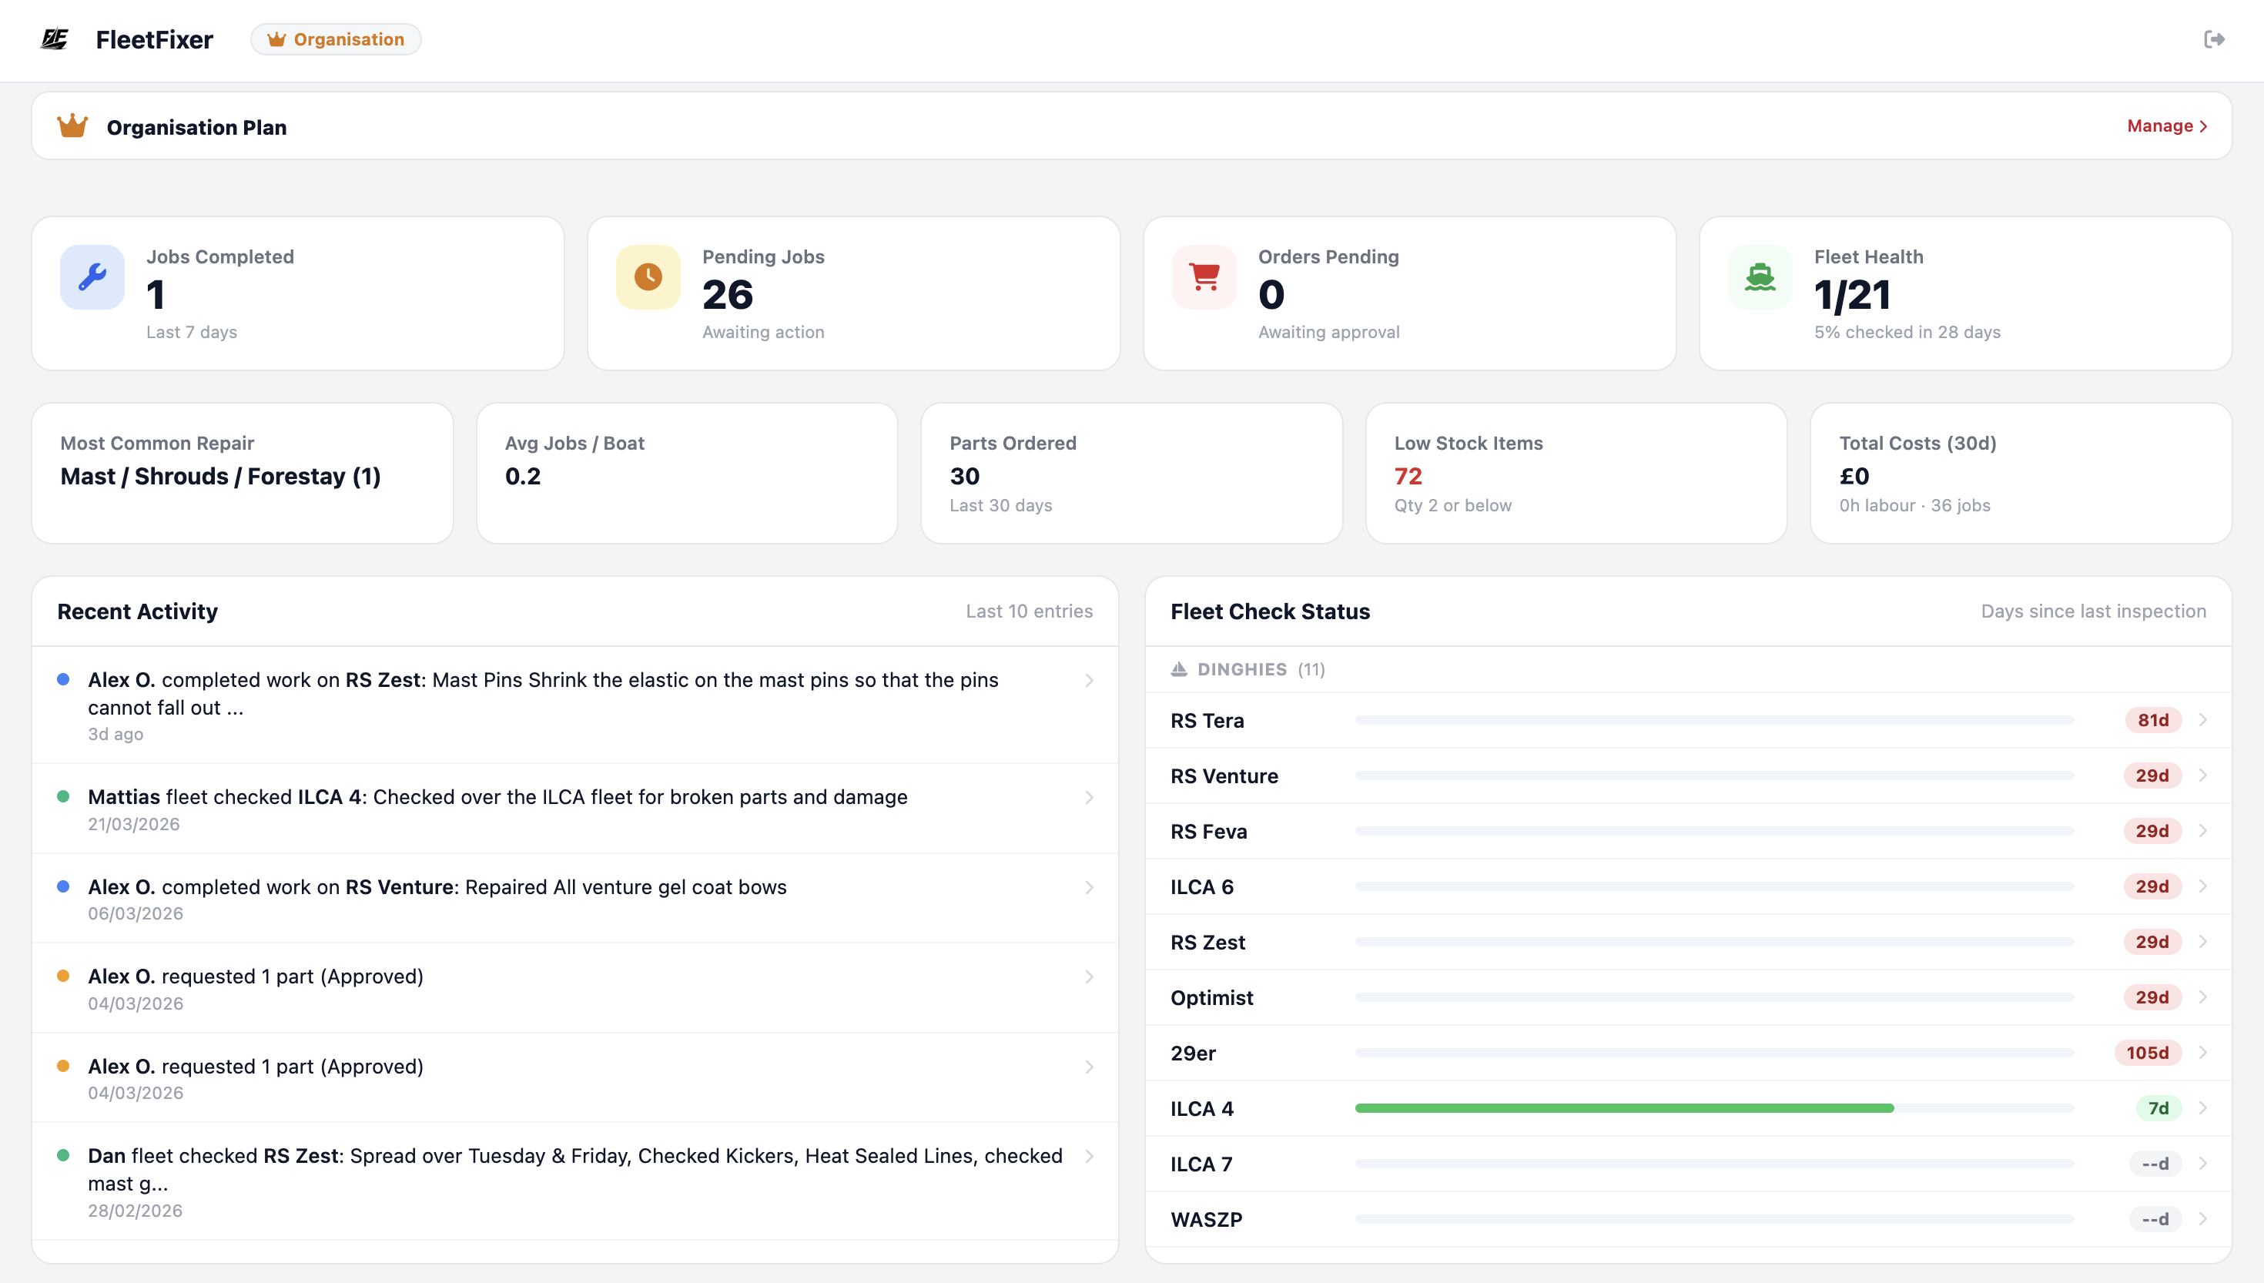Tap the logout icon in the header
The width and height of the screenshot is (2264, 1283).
coord(2214,39)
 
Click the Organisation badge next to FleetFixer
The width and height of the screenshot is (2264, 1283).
coord(336,39)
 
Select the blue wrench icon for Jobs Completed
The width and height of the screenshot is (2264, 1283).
coord(92,276)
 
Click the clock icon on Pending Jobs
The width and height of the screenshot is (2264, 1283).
coord(648,276)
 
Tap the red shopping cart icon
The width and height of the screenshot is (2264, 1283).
coord(1204,276)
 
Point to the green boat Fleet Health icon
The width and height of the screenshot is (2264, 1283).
coord(1760,276)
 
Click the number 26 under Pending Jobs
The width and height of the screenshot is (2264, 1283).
coord(728,295)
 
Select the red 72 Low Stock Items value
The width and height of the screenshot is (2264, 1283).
coord(1408,477)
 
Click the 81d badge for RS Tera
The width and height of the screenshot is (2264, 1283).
coord(2153,720)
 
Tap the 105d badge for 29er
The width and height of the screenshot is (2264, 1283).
coord(2148,1053)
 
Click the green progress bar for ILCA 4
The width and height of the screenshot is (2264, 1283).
coord(1623,1108)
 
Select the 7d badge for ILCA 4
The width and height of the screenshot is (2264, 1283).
coord(2159,1108)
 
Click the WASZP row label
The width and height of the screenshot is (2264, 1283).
coord(1206,1220)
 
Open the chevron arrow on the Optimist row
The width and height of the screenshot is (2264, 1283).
coord(2203,997)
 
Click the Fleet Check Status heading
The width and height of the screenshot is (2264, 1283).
coord(1269,611)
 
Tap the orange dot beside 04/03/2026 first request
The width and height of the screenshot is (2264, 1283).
coord(63,976)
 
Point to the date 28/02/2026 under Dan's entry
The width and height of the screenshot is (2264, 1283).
coord(135,1211)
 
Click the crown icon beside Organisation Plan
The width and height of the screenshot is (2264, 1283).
coord(72,126)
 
